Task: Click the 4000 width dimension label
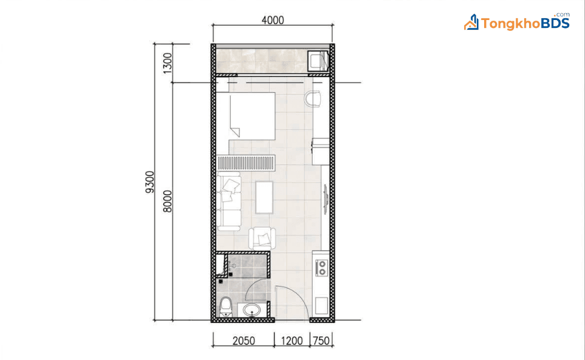pyautogui.click(x=273, y=20)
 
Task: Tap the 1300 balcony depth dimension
pyautogui.click(x=168, y=63)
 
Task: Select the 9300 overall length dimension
pyautogui.click(x=149, y=182)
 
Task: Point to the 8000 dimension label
pyautogui.click(x=168, y=201)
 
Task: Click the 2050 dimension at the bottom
pyautogui.click(x=244, y=341)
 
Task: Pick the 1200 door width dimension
pyautogui.click(x=292, y=341)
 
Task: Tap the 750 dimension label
pyautogui.click(x=321, y=341)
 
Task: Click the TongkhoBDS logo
pyautogui.click(x=517, y=22)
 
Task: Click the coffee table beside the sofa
pyautogui.click(x=264, y=197)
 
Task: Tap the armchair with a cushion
pyautogui.click(x=262, y=239)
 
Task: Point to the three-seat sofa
pyautogui.click(x=229, y=201)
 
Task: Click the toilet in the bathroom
pyautogui.click(x=226, y=307)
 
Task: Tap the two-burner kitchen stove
pyautogui.click(x=321, y=268)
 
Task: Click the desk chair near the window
pyautogui.click(x=312, y=98)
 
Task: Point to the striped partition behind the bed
pyautogui.click(x=247, y=163)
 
